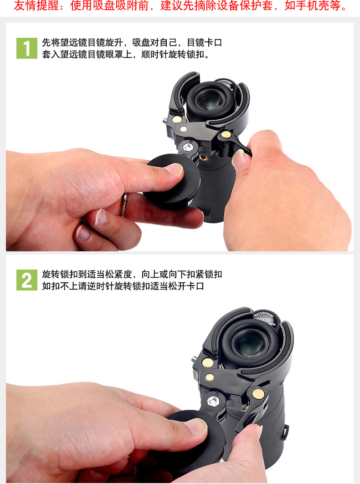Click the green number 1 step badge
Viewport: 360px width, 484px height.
point(27,48)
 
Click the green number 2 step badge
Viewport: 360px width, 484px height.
point(27,280)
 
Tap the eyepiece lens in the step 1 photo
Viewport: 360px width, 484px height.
point(209,101)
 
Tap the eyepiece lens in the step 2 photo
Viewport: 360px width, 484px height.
point(250,343)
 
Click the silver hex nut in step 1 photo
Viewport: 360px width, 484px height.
point(187,147)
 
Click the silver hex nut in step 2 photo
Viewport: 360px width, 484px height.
point(213,401)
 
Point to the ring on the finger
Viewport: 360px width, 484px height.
point(124,204)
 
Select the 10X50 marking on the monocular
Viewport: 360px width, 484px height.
point(263,320)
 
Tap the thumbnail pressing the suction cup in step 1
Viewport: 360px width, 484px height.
point(174,168)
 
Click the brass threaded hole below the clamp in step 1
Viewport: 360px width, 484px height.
point(203,158)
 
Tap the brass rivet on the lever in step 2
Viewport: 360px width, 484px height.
point(258,393)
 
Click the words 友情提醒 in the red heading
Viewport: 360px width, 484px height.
point(36,5)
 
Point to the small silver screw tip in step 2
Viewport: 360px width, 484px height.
point(194,359)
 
